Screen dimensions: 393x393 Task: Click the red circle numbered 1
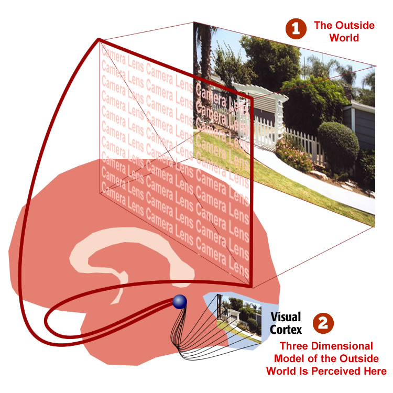[x=296, y=29]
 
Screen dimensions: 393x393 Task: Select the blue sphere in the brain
[x=180, y=301]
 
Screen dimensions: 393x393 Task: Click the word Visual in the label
[x=286, y=317]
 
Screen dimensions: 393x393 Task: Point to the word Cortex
[x=286, y=330]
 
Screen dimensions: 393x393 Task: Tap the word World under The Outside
[x=344, y=38]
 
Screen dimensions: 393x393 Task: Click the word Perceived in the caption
[x=339, y=371]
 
